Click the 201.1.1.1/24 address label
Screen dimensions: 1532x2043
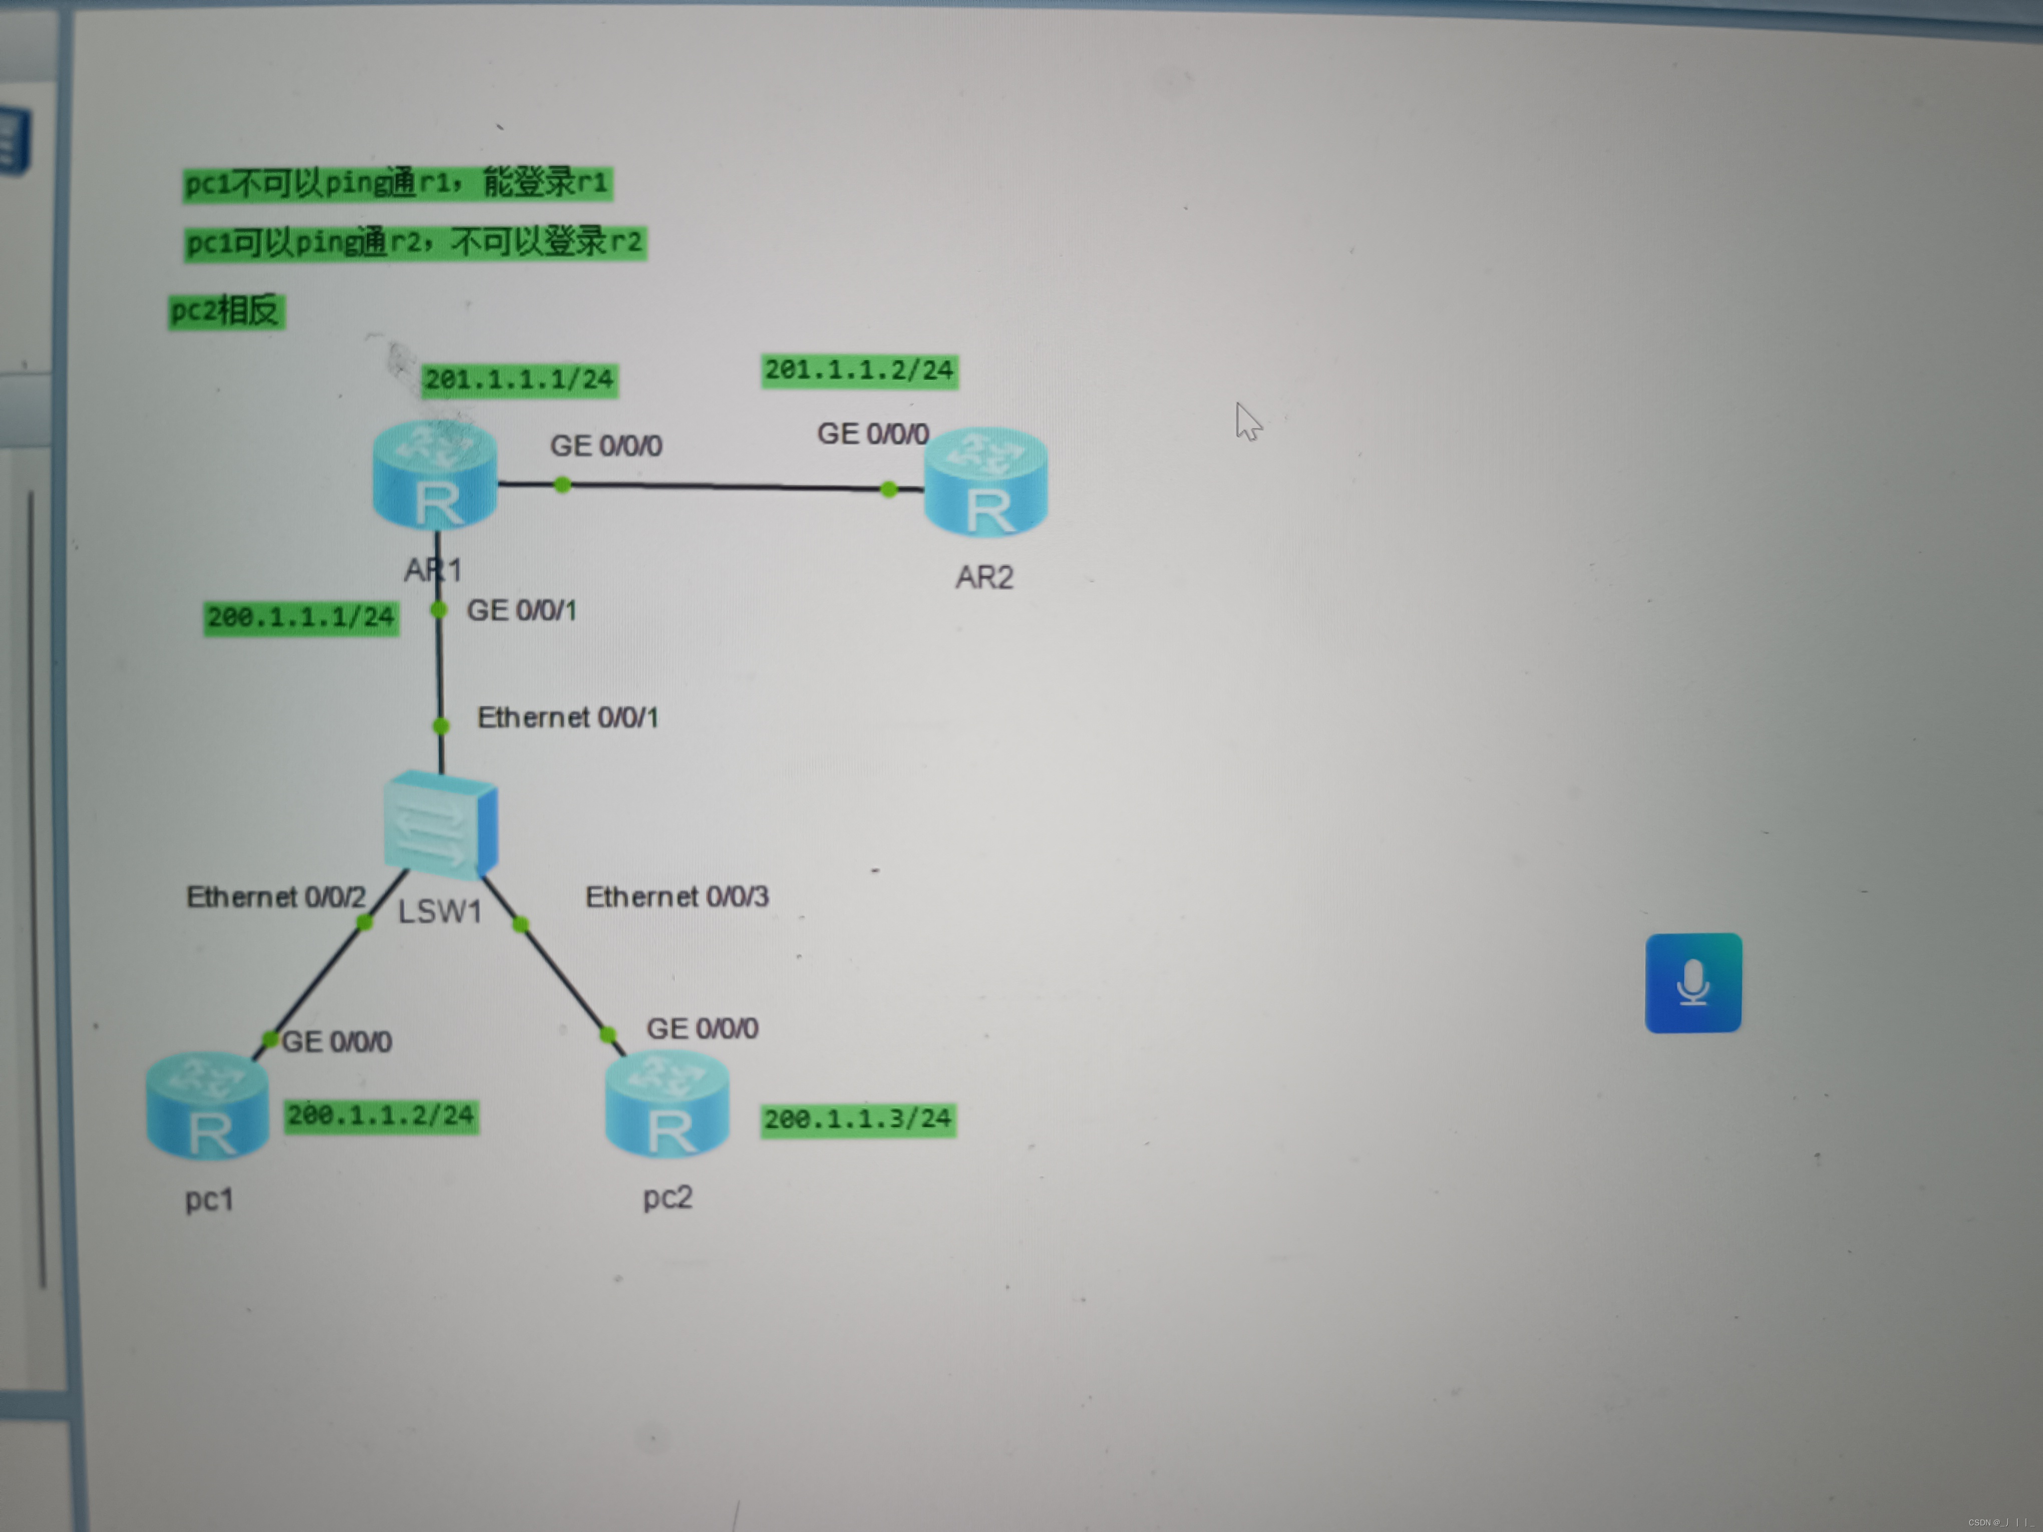click(x=519, y=379)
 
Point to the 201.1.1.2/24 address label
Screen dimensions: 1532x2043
click(x=859, y=370)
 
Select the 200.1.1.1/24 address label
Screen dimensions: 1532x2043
click(x=301, y=617)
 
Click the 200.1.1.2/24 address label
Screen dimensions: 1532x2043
click(x=381, y=1115)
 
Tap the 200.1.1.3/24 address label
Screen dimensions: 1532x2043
click(x=857, y=1119)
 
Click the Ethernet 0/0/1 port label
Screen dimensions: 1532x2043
click(x=567, y=717)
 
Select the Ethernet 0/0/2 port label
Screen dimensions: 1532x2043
click(x=275, y=897)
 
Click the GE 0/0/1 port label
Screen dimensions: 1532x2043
click(x=521, y=610)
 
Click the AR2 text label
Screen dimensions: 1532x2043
click(x=984, y=577)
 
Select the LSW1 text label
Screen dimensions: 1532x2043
click(x=440, y=912)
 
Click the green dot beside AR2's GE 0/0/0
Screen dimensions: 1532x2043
click(x=888, y=489)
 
